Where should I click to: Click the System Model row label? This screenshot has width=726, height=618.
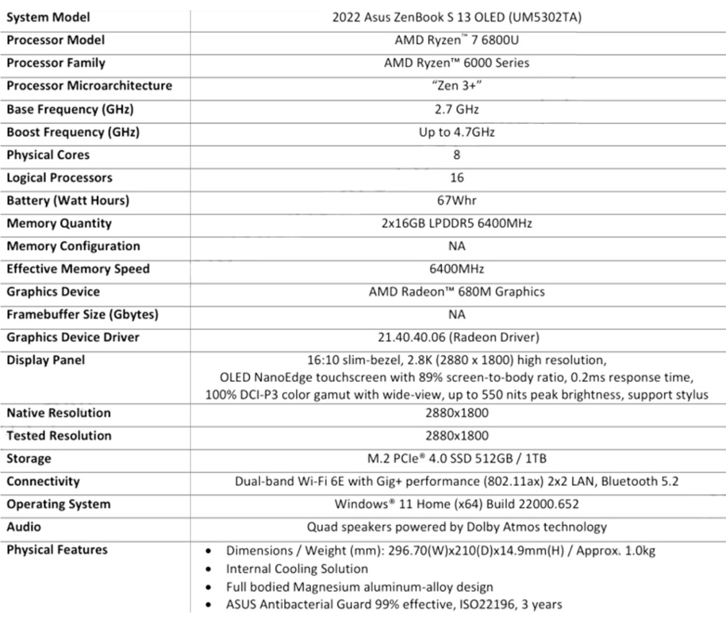point(48,17)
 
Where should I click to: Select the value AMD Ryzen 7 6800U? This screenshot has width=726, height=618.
point(457,40)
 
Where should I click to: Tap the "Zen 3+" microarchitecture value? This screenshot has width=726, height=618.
point(457,86)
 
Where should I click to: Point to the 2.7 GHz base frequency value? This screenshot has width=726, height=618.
point(457,109)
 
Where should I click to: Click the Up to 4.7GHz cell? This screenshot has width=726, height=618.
point(457,132)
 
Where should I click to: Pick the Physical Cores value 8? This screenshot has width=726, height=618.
point(457,155)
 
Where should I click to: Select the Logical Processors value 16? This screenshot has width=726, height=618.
point(457,178)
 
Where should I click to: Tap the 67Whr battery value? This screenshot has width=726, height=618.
point(457,201)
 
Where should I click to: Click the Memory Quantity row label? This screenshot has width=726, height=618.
point(59,223)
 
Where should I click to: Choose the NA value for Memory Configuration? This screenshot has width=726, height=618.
point(457,246)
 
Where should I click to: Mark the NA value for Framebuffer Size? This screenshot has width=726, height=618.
point(457,314)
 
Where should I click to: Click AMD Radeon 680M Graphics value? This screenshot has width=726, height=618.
point(457,291)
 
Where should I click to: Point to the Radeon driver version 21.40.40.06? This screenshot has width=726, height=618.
point(457,337)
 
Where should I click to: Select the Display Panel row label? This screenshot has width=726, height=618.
point(45,360)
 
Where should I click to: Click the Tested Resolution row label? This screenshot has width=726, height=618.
point(59,435)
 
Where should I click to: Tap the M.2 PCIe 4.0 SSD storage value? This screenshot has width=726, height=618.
point(457,458)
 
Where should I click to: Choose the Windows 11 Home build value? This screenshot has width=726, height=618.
point(457,504)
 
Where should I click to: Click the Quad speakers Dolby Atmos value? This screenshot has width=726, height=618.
point(457,527)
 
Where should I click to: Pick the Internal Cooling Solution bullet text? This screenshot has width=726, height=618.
point(297,568)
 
